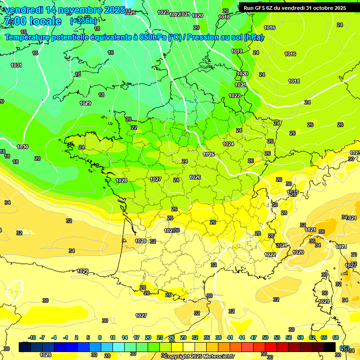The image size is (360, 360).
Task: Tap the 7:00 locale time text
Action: (32, 21)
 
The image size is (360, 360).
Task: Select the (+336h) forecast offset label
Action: (83, 21)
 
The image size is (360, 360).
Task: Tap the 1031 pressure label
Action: (16, 65)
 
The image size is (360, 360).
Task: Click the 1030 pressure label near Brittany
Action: (22, 147)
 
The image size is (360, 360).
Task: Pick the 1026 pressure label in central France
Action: (195, 177)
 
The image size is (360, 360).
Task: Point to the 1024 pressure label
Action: (228, 144)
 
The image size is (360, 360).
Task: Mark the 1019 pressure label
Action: (237, 51)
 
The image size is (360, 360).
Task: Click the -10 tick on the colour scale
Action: (32, 337)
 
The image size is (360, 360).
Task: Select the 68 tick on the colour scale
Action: (336, 337)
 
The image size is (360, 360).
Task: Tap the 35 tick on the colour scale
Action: (207, 337)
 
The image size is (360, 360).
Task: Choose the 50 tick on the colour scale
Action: (265, 337)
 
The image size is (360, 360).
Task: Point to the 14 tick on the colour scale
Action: (125, 337)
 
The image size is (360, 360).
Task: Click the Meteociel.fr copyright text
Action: (198, 356)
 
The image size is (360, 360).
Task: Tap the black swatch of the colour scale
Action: (330, 347)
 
